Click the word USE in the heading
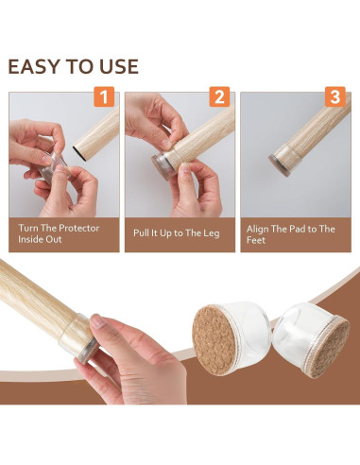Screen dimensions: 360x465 pos(119,66)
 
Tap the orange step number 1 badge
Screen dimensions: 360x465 pos(104,96)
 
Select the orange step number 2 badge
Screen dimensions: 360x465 pos(220,96)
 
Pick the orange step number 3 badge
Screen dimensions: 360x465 pos(335,96)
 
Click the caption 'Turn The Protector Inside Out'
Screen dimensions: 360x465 pos(59,233)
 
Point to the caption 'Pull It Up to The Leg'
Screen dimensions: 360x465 pos(177,233)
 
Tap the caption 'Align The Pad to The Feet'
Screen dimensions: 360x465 pos(290,234)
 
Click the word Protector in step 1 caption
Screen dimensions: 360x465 pos(78,228)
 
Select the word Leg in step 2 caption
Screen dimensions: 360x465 pos(211,233)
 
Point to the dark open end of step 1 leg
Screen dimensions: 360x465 pos(80,154)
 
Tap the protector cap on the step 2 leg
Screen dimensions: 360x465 pos(165,165)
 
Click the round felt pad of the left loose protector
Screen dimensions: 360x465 pos(214,341)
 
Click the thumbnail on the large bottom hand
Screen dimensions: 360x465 pos(98,321)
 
